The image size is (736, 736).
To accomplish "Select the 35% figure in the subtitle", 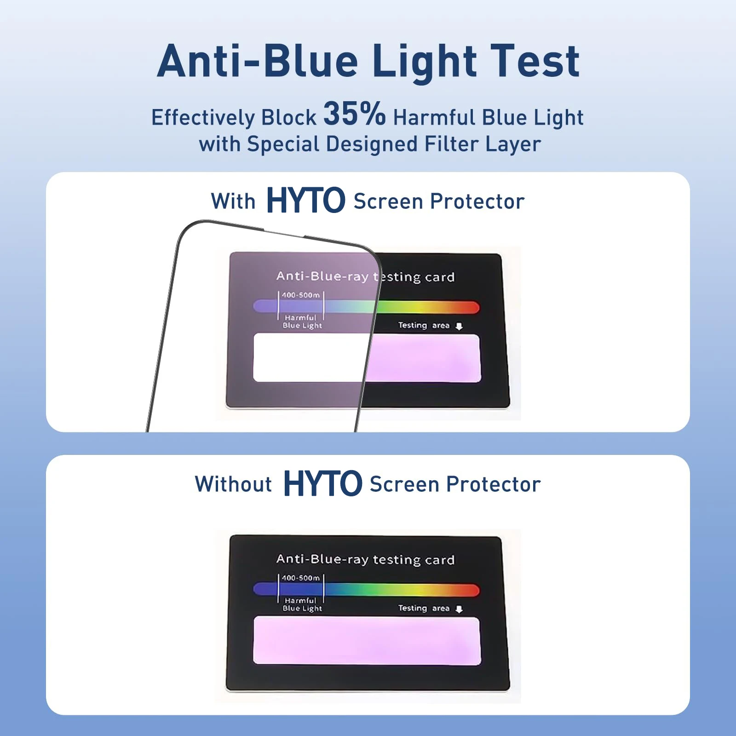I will (x=354, y=113).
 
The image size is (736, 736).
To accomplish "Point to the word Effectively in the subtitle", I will (x=202, y=118).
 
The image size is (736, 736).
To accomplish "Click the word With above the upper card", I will (x=233, y=201).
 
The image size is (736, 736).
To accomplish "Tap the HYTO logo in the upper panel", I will (x=305, y=201).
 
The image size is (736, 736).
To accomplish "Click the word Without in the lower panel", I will (x=233, y=484).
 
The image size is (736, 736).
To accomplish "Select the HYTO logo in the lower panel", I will (x=322, y=483).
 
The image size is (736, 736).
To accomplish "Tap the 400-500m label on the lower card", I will (x=301, y=578).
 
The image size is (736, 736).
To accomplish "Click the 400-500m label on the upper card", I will (x=301, y=295).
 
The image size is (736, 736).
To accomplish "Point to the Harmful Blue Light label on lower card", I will (x=302, y=604).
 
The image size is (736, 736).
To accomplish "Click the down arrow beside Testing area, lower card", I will (x=459, y=609).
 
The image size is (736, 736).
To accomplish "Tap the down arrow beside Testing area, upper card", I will (x=459, y=326).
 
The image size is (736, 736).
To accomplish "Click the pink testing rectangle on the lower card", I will (x=367, y=641).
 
